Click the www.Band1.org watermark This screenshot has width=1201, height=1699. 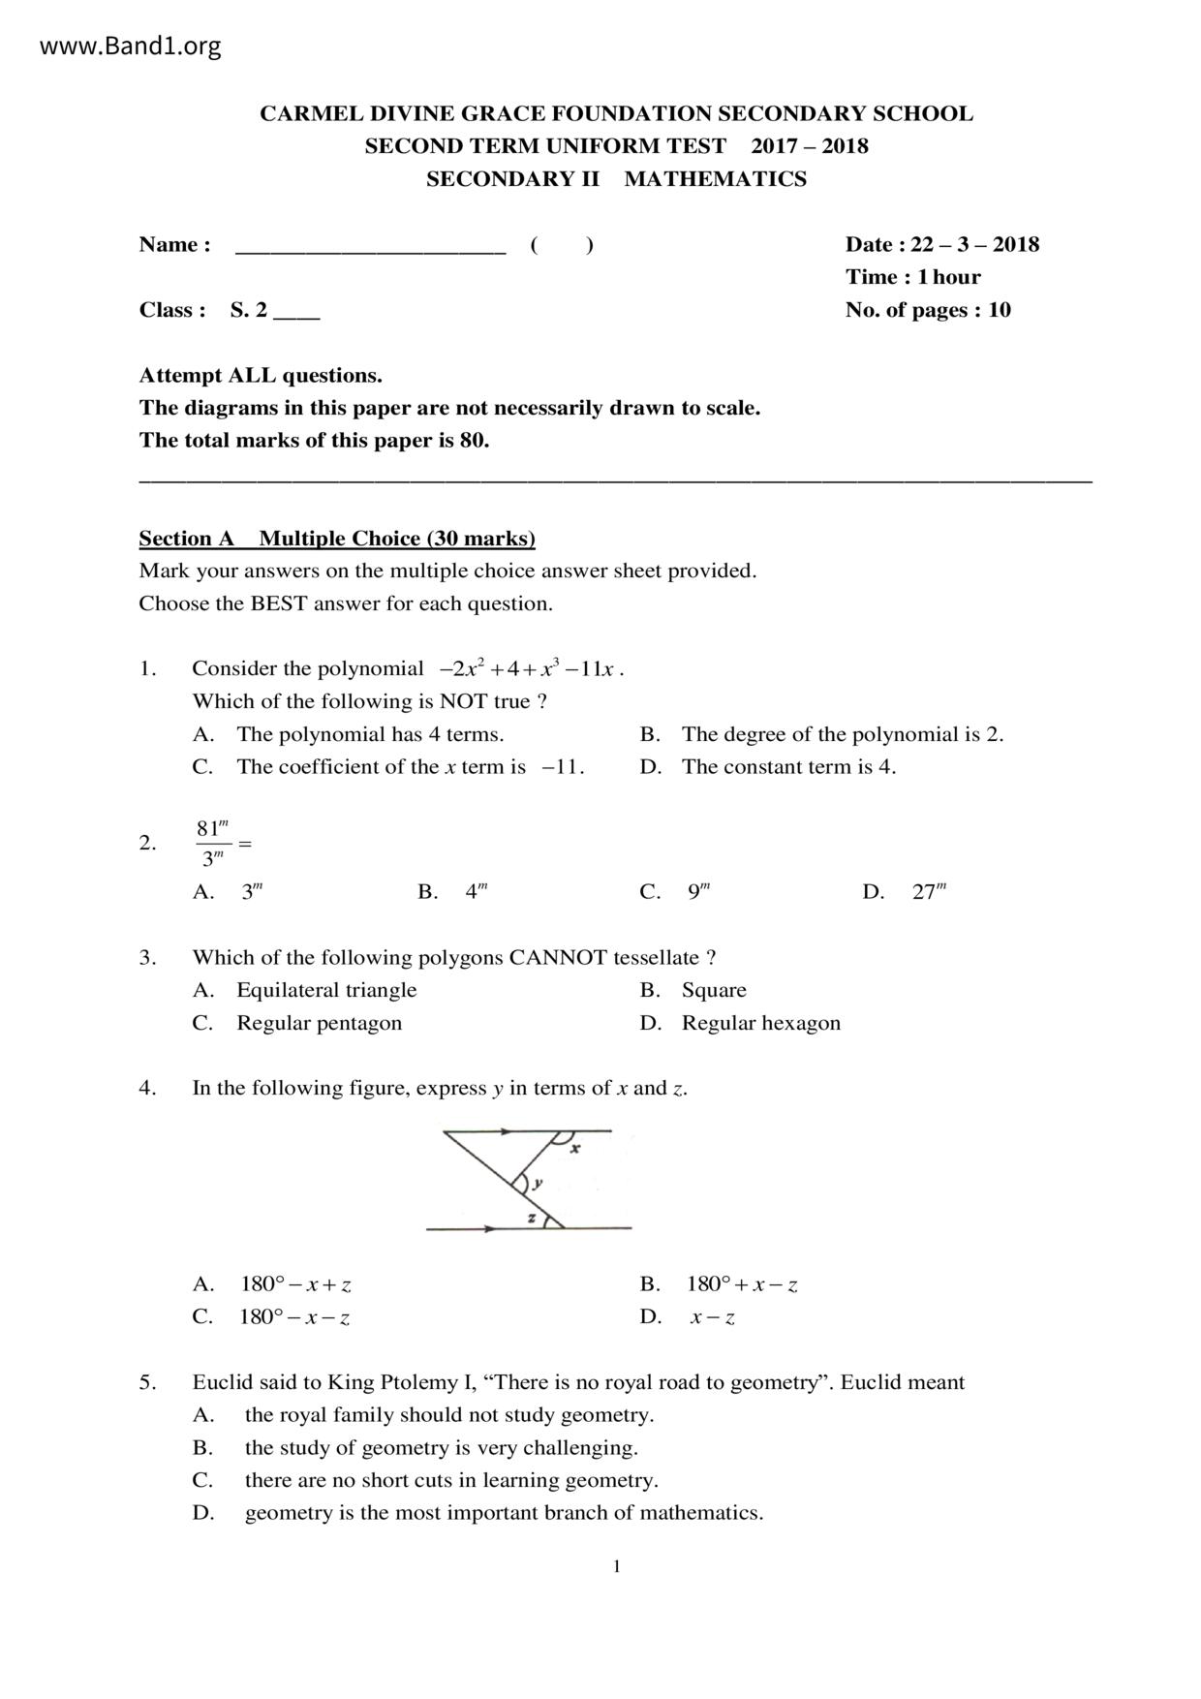tap(130, 46)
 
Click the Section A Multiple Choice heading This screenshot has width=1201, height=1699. tap(337, 539)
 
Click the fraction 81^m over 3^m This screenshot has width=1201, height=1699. tap(213, 843)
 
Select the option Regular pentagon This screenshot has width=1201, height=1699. tap(319, 1023)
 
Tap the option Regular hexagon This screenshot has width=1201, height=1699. tap(760, 1023)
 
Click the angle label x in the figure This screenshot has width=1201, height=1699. tap(574, 1149)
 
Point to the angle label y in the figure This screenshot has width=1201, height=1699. tap(539, 1183)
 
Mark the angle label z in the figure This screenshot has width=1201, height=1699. tap(531, 1218)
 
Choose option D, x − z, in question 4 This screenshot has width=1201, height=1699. tap(712, 1317)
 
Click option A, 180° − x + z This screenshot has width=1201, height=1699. tap(295, 1284)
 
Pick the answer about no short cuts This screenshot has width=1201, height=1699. tap(450, 1480)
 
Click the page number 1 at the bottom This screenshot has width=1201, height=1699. tap(616, 1566)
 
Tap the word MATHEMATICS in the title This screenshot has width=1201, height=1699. tap(715, 179)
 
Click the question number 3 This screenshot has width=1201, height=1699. tap(147, 958)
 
